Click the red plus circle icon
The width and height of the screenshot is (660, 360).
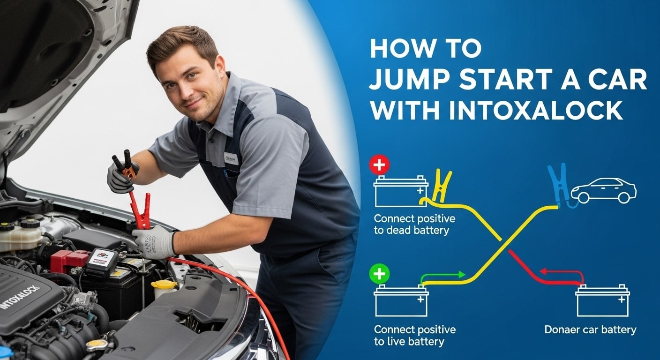tap(379, 165)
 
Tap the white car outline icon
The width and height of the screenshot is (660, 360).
tap(603, 190)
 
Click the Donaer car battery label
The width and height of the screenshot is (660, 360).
tap(590, 330)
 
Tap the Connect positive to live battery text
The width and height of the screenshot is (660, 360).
tap(414, 335)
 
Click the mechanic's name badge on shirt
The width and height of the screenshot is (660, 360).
tap(231, 158)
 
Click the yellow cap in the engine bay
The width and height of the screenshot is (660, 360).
tap(164, 285)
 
